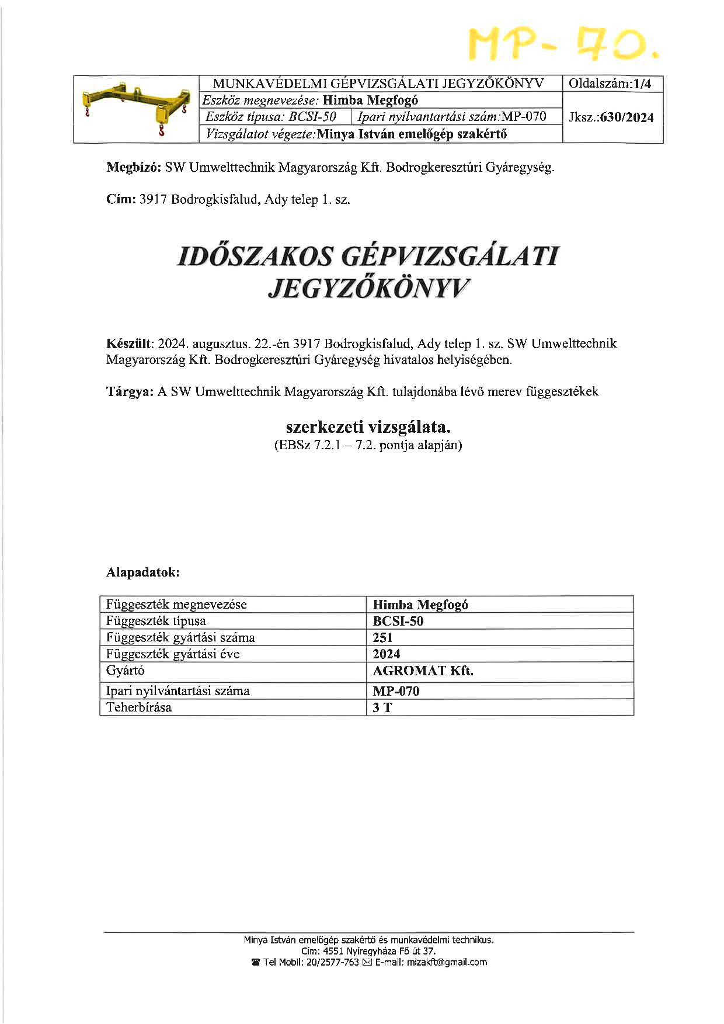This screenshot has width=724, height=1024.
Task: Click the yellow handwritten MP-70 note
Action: click(x=563, y=44)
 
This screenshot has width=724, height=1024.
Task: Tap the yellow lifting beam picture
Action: click(x=136, y=109)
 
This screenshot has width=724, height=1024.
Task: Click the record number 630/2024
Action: click(x=627, y=117)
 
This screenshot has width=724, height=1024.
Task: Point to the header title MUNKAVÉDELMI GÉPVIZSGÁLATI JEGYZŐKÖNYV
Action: click(x=378, y=84)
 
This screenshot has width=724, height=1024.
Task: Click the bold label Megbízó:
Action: click(x=134, y=168)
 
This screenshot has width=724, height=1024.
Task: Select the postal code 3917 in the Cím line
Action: click(x=153, y=200)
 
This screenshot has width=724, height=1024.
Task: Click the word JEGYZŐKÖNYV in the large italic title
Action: click(x=369, y=289)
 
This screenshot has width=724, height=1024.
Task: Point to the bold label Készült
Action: click(x=129, y=343)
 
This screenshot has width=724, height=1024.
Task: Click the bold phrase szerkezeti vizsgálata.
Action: click(x=368, y=427)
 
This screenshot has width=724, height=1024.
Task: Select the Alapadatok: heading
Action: click(x=143, y=572)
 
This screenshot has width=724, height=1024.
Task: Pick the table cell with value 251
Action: click(x=383, y=637)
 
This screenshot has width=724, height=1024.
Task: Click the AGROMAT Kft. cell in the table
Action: click(x=423, y=671)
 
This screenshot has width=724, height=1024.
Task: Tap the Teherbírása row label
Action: click(x=139, y=707)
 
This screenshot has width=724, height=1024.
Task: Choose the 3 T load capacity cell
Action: click(x=382, y=707)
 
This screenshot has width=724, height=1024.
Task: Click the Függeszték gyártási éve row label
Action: click(x=173, y=654)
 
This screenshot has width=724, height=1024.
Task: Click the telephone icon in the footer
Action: click(x=255, y=962)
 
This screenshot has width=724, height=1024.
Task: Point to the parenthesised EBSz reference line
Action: click(x=368, y=446)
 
